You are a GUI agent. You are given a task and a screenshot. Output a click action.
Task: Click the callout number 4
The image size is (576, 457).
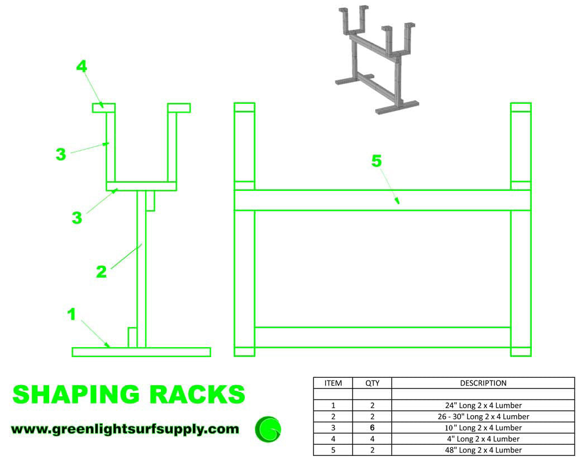click(x=82, y=66)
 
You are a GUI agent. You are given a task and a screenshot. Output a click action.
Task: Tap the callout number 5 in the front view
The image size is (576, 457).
click(x=377, y=161)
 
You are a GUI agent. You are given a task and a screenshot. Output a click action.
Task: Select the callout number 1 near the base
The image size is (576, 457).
click(x=71, y=314)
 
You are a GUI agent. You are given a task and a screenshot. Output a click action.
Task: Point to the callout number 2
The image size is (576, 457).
click(x=101, y=272)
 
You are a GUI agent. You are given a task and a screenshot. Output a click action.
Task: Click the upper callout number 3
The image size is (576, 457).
click(x=61, y=154)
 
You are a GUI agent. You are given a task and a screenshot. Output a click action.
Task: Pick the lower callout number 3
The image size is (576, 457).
click(x=77, y=218)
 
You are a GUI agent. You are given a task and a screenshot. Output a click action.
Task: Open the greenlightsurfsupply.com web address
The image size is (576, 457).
click(x=125, y=429)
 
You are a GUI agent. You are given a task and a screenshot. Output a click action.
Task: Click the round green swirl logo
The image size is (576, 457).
click(x=268, y=429)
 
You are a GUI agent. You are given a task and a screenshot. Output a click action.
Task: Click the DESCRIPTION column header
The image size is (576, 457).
click(x=483, y=383)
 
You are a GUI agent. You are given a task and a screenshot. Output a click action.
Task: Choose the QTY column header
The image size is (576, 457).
click(x=372, y=383)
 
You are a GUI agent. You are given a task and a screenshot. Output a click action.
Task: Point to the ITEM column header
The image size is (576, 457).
click(x=333, y=383)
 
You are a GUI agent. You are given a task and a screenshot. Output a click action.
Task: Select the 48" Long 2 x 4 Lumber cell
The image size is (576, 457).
click(x=483, y=450)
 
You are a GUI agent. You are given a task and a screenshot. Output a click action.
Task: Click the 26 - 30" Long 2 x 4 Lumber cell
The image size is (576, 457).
click(x=483, y=416)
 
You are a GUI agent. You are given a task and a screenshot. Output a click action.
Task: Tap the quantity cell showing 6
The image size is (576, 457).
click(x=372, y=427)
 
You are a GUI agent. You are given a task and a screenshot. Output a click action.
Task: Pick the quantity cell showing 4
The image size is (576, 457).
click(x=372, y=439)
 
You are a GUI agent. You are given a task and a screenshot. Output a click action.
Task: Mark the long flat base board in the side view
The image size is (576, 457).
click(x=141, y=352)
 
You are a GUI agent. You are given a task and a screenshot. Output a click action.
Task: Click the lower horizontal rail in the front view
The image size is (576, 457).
click(x=382, y=337)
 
